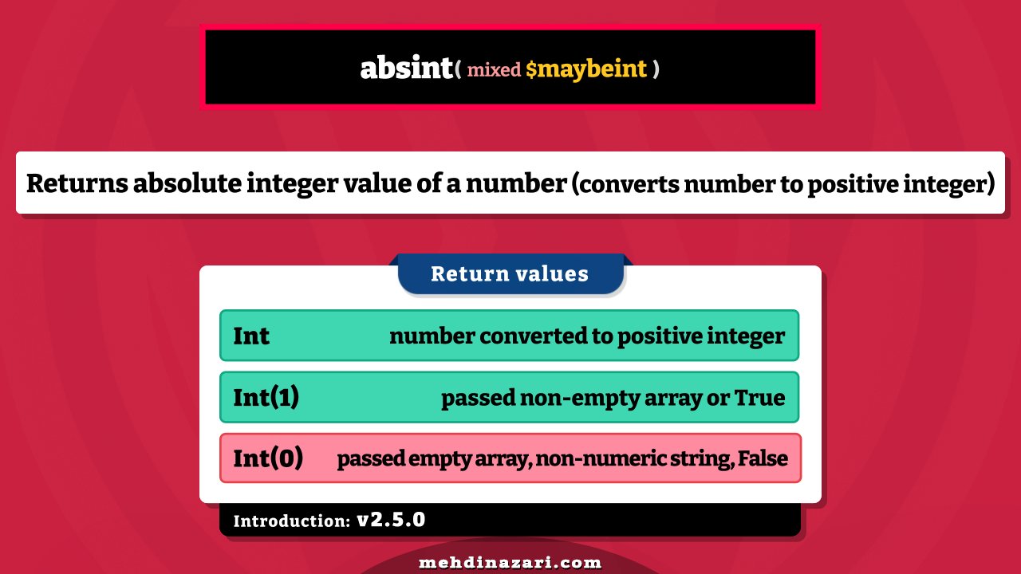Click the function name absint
[x=406, y=69]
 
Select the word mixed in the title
[x=494, y=69]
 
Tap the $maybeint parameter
[x=586, y=69]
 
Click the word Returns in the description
[x=77, y=183]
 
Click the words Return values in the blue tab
[x=510, y=274]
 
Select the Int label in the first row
[x=251, y=336]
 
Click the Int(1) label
[x=266, y=397]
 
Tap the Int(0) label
[x=268, y=459]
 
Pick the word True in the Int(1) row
[x=759, y=398]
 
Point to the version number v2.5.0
[x=391, y=521]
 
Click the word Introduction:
[x=292, y=521]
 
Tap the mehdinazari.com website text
[x=510, y=563]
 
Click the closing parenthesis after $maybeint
[x=656, y=69]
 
